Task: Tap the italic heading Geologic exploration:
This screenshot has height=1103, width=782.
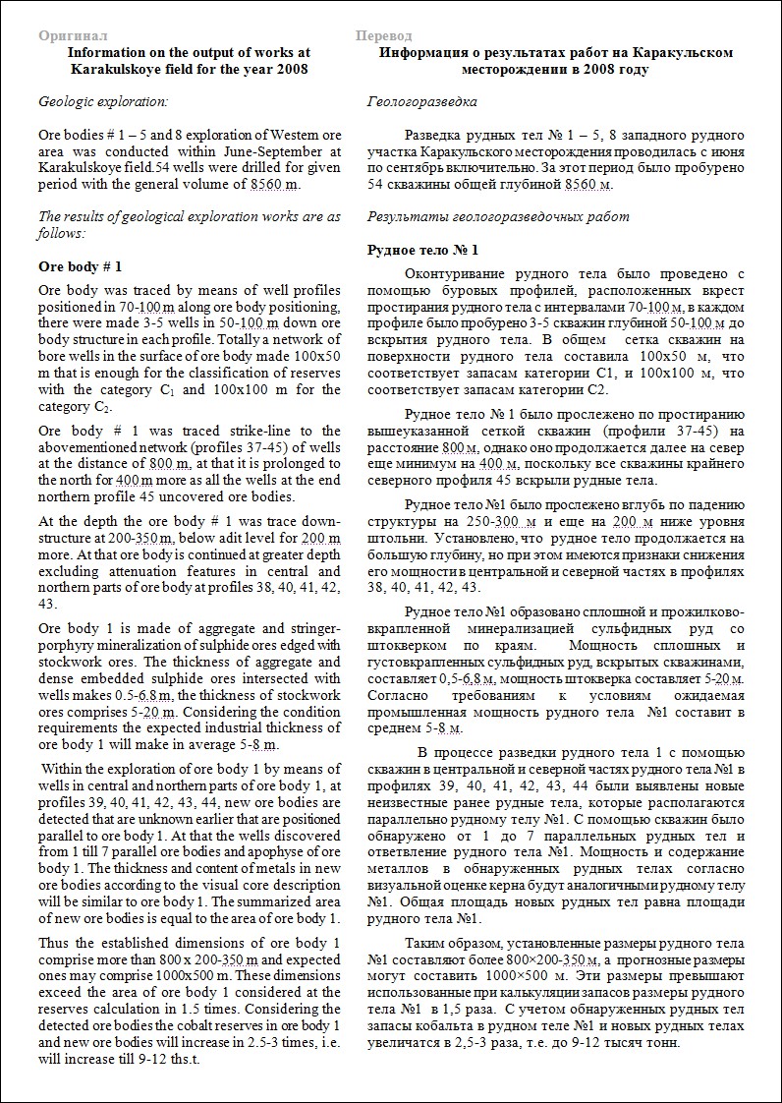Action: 102,101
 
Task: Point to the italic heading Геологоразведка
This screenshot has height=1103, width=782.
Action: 421,101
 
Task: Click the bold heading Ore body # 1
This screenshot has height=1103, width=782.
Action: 80,266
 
